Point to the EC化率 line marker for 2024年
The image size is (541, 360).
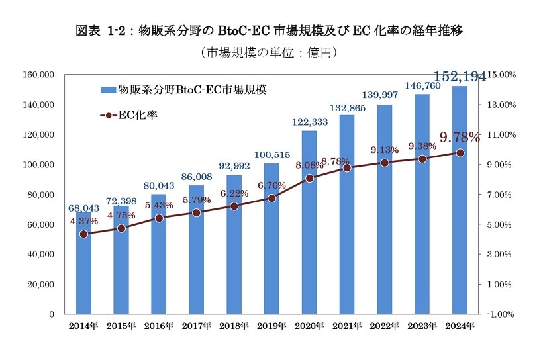pos(460,153)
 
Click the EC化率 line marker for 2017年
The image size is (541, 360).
pos(197,212)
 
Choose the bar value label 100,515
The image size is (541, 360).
pos(271,155)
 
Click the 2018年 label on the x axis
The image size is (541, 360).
pos(234,326)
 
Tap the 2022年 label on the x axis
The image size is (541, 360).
pos(385,326)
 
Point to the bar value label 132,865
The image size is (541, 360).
pos(346,107)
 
